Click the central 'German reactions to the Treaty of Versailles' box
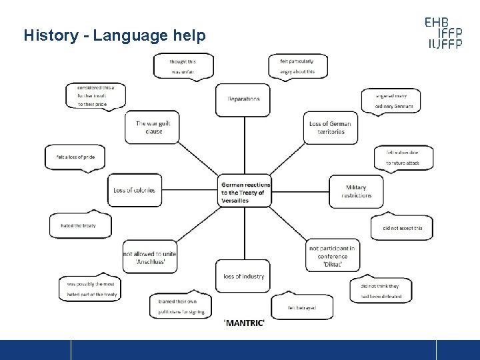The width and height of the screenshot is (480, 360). coord(245,192)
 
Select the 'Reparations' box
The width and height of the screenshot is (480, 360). coord(243,99)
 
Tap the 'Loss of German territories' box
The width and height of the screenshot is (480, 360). coord(331,128)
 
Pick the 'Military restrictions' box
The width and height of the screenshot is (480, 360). coord(356,191)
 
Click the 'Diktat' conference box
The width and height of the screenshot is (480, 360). coord(332,256)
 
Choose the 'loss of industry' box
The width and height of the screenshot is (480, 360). coord(243,276)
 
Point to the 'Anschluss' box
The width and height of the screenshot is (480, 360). coord(150,257)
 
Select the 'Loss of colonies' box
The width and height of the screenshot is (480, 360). coord(134,191)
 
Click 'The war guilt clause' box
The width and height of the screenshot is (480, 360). coord(152,127)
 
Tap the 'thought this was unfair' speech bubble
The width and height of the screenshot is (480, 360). coord(183,66)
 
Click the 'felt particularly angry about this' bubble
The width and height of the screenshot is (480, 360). coord(297,66)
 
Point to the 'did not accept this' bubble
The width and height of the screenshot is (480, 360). coord(402,228)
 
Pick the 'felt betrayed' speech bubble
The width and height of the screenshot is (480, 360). coord(301,307)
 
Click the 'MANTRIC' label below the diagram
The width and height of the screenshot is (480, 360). coord(245,323)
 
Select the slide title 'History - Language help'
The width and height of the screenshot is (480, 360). coord(115,35)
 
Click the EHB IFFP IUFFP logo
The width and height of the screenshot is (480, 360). coord(451,33)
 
